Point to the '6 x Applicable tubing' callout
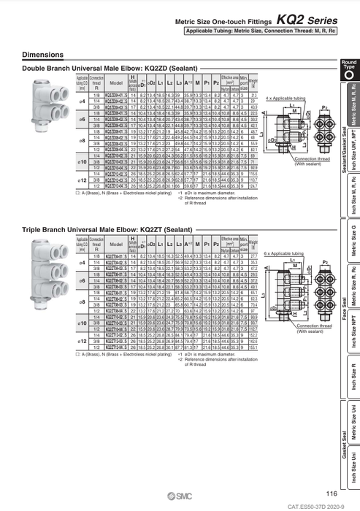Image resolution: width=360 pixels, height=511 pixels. (x=286, y=251)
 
